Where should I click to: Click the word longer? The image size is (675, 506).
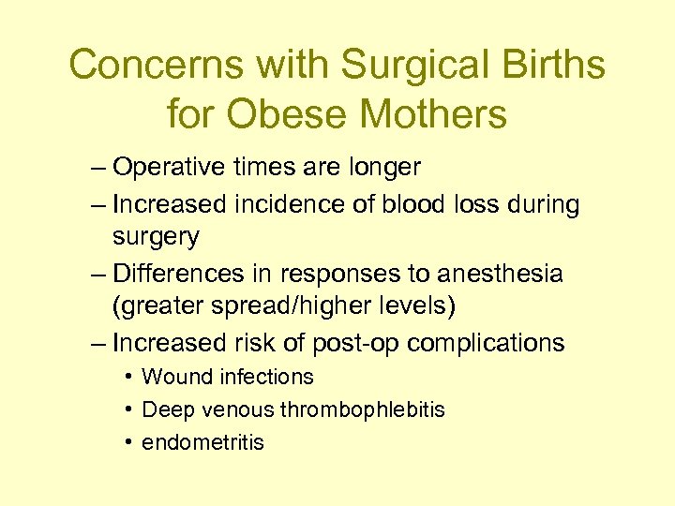pos(377,168)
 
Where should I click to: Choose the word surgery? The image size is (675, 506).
pos(156,237)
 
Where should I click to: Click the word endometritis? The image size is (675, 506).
pos(202,442)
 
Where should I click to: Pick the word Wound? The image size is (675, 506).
pos(176,378)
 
